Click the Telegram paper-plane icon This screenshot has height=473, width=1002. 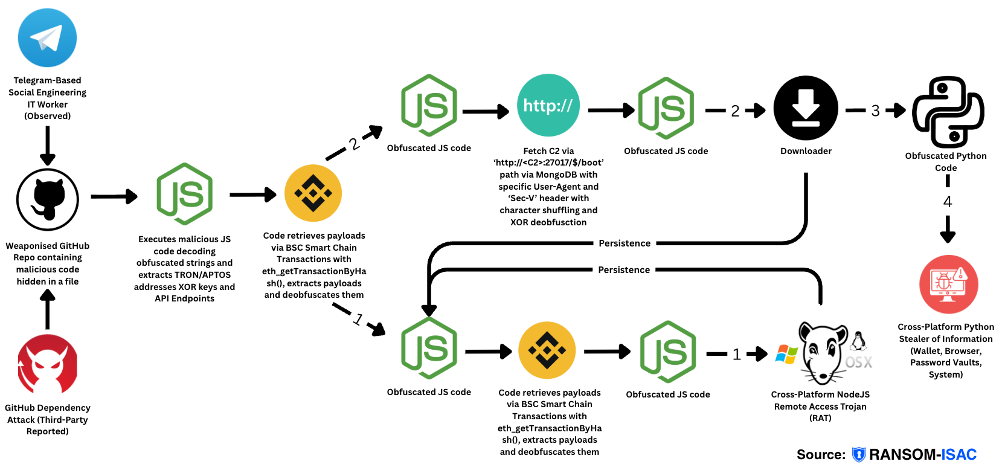(x=47, y=37)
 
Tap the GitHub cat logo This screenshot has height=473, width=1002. (x=48, y=199)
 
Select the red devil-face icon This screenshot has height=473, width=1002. (x=48, y=365)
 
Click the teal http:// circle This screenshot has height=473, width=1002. (x=548, y=105)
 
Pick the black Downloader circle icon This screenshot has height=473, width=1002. (x=806, y=108)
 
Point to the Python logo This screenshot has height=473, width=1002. (x=948, y=112)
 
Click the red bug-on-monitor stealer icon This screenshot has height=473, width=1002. (x=948, y=284)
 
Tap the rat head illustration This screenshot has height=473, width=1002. (x=823, y=353)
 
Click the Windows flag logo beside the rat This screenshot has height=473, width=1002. (x=786, y=355)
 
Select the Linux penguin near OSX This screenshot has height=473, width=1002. (x=858, y=341)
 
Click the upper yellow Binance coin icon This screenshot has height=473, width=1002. (x=313, y=193)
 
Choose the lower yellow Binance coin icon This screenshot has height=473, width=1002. (x=547, y=350)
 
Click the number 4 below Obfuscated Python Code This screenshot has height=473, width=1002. (x=948, y=202)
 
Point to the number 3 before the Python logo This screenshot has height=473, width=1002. (x=875, y=111)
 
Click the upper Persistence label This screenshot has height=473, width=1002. (x=625, y=243)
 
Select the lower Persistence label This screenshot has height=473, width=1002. (x=624, y=270)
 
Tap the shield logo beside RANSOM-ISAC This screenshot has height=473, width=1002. (x=858, y=455)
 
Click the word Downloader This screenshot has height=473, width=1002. (x=806, y=151)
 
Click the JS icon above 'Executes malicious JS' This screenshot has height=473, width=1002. (x=184, y=194)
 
